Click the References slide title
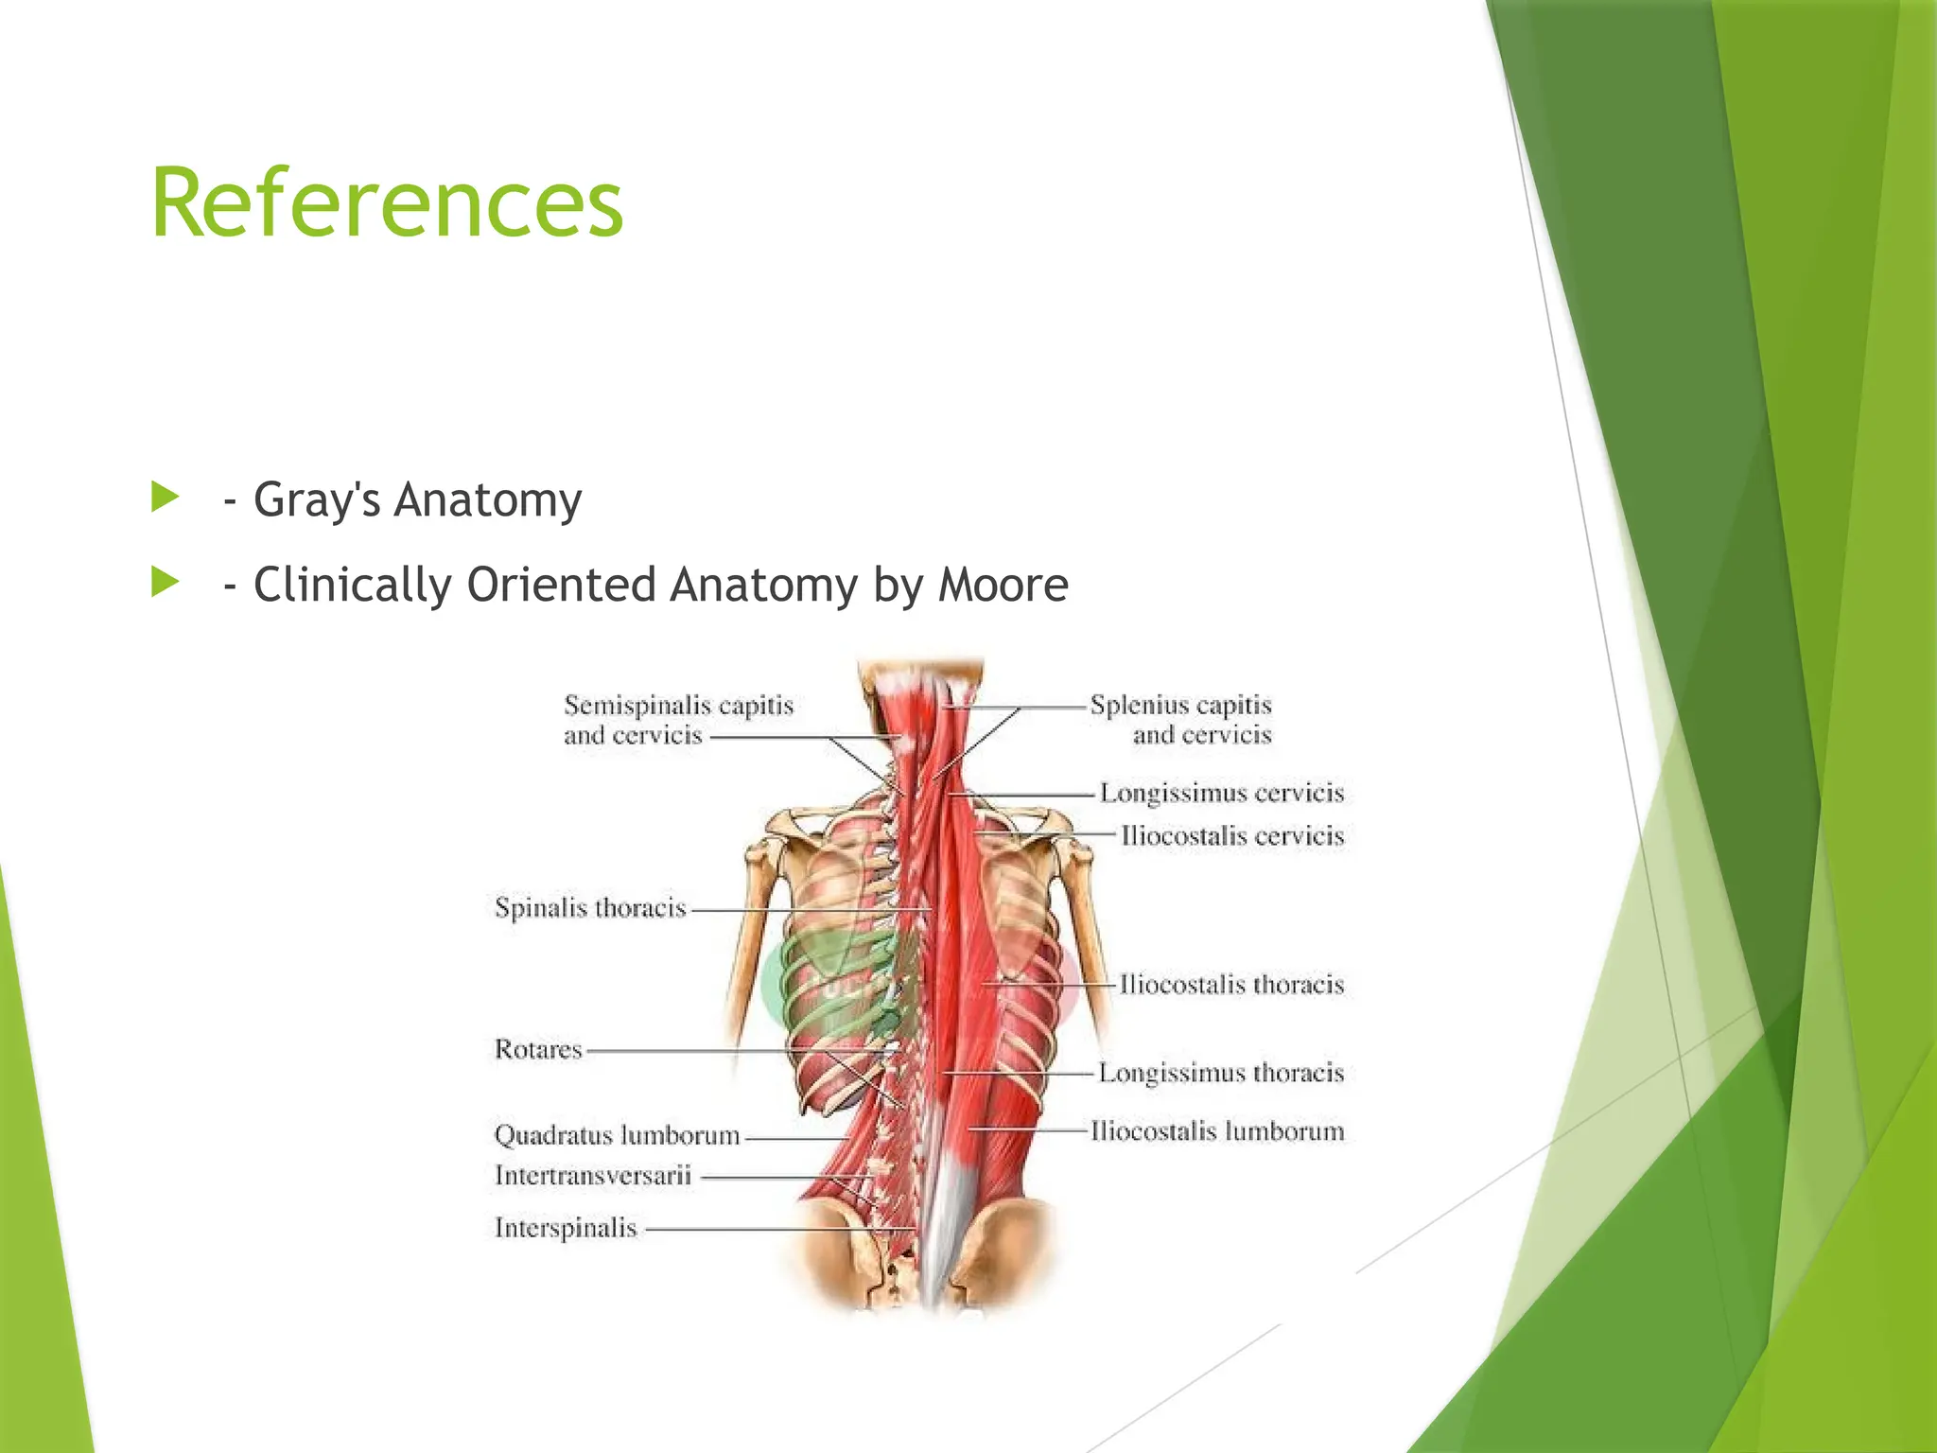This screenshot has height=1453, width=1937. (x=387, y=203)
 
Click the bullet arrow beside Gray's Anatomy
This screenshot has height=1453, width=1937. (x=165, y=497)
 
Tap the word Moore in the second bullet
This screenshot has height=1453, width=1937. (x=1003, y=585)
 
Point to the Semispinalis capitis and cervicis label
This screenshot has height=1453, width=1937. (x=677, y=720)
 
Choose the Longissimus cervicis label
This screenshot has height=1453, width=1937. (x=1221, y=793)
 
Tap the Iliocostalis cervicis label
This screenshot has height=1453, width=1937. (x=1231, y=836)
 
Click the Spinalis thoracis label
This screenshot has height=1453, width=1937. (x=590, y=908)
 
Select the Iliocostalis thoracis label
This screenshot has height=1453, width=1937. (x=1230, y=985)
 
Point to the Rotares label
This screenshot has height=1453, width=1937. (x=538, y=1049)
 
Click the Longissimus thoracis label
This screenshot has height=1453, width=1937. (x=1220, y=1073)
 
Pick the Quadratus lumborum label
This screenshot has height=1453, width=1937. (x=617, y=1135)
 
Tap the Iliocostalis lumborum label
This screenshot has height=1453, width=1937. (x=1216, y=1131)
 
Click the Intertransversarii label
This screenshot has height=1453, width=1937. (x=593, y=1176)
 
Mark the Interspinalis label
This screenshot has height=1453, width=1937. (x=566, y=1228)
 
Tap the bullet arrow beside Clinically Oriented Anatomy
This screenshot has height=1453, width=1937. (x=165, y=582)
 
